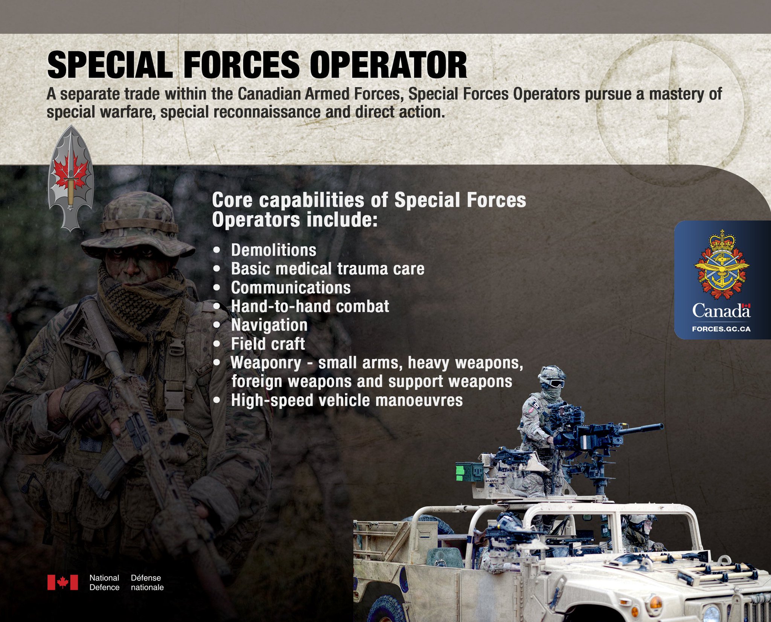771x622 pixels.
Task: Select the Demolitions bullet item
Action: pyautogui.click(x=273, y=250)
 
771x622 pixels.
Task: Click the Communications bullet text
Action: pyautogui.click(x=291, y=288)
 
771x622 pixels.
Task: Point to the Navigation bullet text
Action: pyautogui.click(x=269, y=325)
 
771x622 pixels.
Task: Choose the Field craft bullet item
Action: pyautogui.click(x=268, y=344)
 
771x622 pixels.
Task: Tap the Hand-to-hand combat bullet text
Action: pyautogui.click(x=310, y=306)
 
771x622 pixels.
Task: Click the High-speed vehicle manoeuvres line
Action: pyautogui.click(x=347, y=400)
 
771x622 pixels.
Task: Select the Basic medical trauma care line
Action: pyautogui.click(x=328, y=269)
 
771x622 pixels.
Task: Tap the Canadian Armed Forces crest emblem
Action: pyautogui.click(x=722, y=264)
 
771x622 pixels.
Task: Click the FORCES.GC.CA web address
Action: pyautogui.click(x=721, y=329)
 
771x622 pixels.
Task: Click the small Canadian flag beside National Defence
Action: pyautogui.click(x=62, y=582)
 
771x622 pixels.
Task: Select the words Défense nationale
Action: pyautogui.click(x=147, y=582)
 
